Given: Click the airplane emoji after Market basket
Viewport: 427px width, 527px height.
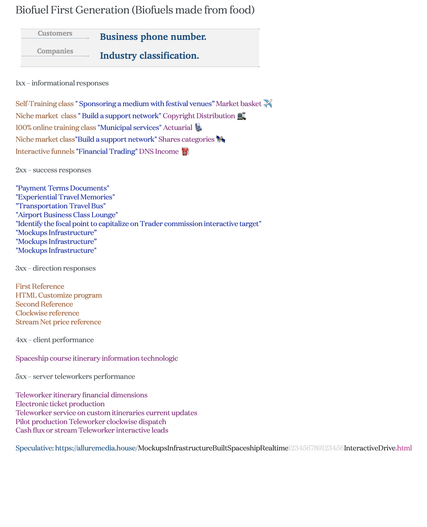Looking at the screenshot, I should [x=268, y=104].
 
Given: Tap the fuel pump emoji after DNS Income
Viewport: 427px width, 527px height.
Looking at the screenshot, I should [x=185, y=152].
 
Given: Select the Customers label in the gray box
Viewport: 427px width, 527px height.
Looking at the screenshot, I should [x=55, y=33].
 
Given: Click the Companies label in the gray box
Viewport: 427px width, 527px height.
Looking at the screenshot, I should [x=55, y=51].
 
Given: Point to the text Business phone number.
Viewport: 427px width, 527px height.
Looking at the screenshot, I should [x=153, y=37].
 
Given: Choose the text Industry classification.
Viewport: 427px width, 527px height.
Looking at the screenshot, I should [x=149, y=56].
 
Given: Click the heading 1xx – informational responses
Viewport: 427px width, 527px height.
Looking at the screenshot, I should [x=62, y=83].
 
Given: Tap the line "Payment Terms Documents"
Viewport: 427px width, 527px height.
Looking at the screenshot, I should [x=62, y=188].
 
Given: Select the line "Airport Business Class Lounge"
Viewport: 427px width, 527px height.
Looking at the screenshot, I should [x=67, y=215].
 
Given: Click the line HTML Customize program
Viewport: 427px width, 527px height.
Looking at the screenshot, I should [x=59, y=296].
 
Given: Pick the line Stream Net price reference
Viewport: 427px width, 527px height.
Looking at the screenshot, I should [x=58, y=322].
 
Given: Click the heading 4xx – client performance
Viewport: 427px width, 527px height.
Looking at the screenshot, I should [x=54, y=340].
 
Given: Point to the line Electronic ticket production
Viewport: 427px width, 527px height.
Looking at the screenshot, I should [x=60, y=404].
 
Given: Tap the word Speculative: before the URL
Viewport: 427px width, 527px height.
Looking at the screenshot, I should [x=35, y=448].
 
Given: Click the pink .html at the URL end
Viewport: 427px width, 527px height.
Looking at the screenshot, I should [x=404, y=448].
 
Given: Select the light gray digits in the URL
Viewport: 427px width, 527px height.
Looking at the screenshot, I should [x=316, y=448].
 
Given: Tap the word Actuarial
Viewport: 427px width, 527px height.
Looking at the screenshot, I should [x=178, y=128].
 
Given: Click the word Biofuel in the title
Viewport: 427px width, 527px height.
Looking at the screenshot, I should [x=32, y=10].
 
